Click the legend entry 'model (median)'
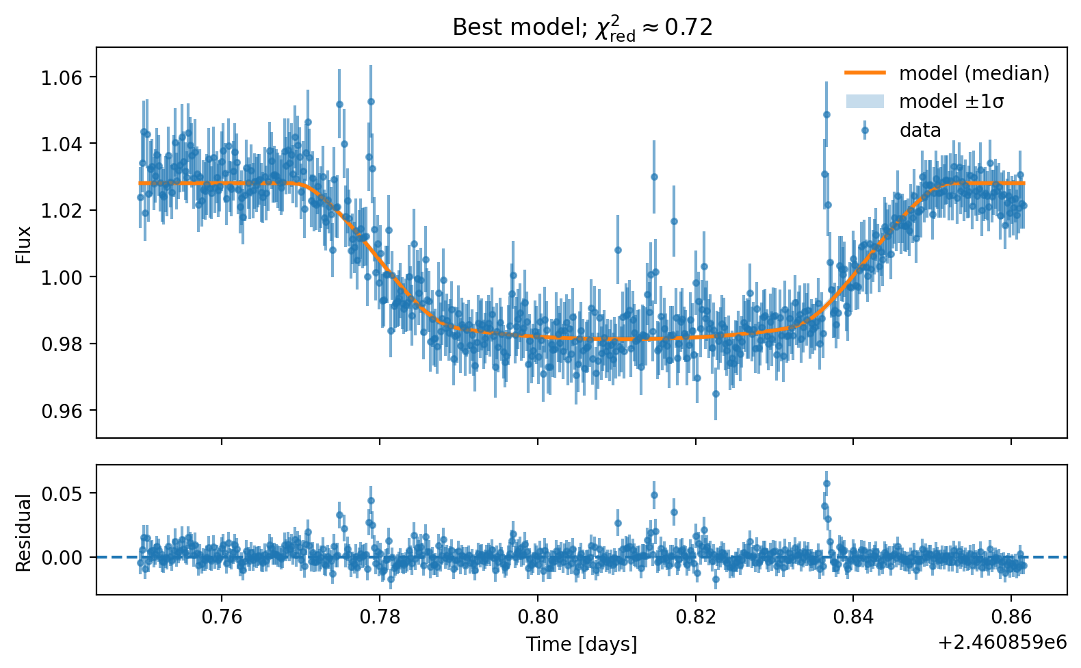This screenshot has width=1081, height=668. [974, 73]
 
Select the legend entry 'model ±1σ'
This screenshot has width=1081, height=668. [951, 102]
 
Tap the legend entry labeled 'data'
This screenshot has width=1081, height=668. [920, 130]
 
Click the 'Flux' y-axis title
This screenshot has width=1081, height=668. [24, 244]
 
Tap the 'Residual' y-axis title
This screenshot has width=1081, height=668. [24, 532]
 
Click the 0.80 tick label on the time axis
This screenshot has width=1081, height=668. [538, 617]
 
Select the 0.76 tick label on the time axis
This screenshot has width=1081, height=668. [222, 617]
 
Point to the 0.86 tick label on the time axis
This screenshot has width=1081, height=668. [1011, 617]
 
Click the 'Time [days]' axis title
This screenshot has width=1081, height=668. [582, 644]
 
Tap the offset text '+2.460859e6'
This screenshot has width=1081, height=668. [1002, 642]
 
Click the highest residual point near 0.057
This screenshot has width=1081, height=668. [826, 483]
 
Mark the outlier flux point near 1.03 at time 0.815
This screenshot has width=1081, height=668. [654, 177]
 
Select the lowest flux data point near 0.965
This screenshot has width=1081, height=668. [716, 394]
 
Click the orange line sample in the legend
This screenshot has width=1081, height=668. [865, 73]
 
